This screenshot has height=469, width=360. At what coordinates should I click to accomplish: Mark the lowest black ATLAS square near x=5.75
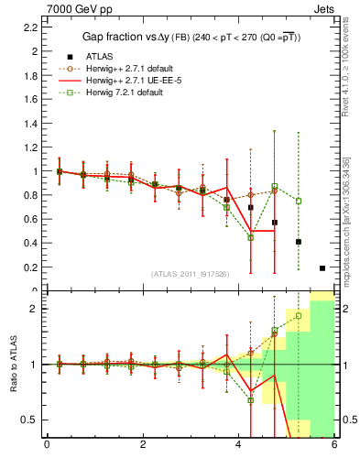tap(322, 268)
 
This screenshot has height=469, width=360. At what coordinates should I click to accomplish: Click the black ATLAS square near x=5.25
tap(299, 242)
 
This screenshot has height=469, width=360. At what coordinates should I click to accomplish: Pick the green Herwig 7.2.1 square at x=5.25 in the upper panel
tap(299, 201)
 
